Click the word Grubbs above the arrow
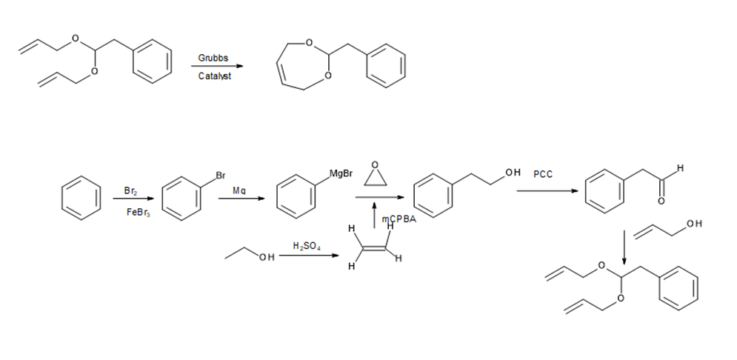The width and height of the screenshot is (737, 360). [x=213, y=58]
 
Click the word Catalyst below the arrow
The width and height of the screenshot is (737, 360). [x=214, y=76]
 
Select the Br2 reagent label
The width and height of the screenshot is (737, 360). [x=130, y=191]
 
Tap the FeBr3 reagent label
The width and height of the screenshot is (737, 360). [x=139, y=213]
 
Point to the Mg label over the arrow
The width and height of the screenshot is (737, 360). [x=239, y=190]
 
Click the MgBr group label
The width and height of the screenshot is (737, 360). [x=341, y=174]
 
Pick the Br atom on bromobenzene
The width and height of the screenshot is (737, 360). [x=221, y=176]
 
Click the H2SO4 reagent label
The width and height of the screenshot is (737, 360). [x=307, y=246]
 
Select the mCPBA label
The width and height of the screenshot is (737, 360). [x=398, y=219]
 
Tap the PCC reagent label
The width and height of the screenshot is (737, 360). [x=543, y=174]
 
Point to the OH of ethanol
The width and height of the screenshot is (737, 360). [x=267, y=257]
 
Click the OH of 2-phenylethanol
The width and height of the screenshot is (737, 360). [x=513, y=173]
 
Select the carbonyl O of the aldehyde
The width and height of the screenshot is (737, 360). [x=661, y=201]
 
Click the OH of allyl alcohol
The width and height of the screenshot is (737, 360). [x=694, y=224]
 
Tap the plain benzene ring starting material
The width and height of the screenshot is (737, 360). [x=81, y=198]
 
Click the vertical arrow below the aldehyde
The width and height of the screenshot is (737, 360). [x=624, y=247]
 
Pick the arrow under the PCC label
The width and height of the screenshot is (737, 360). [x=547, y=191]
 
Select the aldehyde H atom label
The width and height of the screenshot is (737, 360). [x=680, y=168]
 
